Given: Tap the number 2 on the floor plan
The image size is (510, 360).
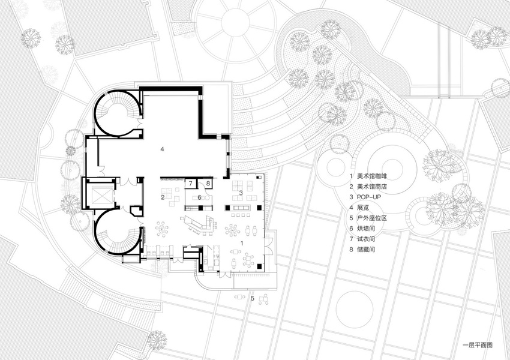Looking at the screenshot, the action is [162, 196].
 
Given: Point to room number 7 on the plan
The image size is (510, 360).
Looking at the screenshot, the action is [191, 183].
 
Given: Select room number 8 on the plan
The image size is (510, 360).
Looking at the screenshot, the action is [208, 183].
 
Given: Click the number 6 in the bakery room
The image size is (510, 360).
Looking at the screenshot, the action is [199, 197].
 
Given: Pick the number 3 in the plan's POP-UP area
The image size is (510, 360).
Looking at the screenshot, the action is [241, 193].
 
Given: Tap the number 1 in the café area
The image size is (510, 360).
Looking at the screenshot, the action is [242, 242].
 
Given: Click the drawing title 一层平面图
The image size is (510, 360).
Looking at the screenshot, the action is [476, 346].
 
